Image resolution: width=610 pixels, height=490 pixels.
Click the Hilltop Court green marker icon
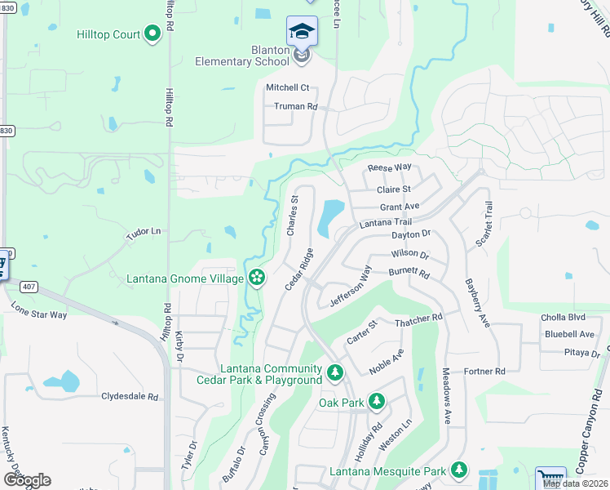coord(152,33)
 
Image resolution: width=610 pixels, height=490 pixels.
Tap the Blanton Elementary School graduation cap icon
coord(302,32)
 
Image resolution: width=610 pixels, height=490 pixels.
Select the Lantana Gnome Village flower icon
coord(256,278)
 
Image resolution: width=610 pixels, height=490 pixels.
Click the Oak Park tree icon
coord(376,401)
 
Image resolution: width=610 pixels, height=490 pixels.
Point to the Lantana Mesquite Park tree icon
coord(459,470)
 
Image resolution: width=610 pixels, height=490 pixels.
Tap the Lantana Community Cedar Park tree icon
coord(334,373)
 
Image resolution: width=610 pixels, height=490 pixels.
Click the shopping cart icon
coord(551,479)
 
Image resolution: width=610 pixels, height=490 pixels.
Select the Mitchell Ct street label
coord(288,87)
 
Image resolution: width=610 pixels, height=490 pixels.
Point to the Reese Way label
coord(389,167)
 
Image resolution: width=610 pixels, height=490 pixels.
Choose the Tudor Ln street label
coord(143,233)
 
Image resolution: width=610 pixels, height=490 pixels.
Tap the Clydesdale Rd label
coord(129,396)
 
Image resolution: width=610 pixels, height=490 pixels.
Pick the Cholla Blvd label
coord(564,318)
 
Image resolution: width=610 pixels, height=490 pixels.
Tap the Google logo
coord(26,480)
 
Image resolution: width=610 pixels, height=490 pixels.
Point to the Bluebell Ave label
coord(569,334)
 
